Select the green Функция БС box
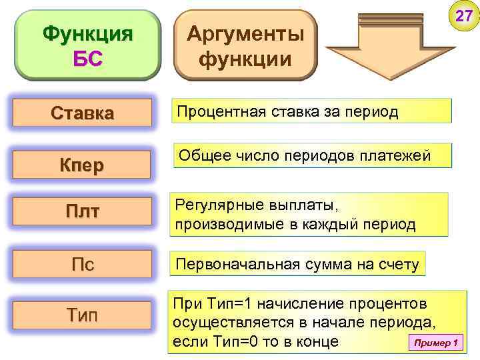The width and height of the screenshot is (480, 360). pos(87,45)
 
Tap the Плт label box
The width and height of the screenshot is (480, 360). pos(83,212)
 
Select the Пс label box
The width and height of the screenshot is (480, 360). pos(83,264)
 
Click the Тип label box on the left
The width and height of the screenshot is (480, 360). pos(83,314)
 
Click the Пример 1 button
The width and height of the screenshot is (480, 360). pos(435,343)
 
